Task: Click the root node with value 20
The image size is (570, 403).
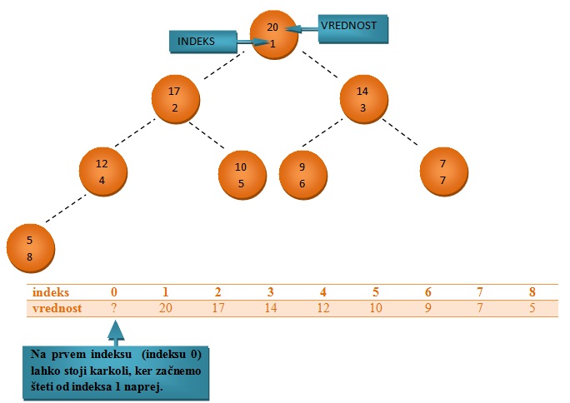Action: coord(272,36)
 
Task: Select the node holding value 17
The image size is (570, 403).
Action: coord(175,99)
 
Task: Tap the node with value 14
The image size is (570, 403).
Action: coord(362,99)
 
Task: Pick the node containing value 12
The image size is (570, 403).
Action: coord(102,171)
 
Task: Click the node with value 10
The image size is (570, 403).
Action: coord(241,175)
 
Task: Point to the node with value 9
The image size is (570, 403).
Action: coord(302,175)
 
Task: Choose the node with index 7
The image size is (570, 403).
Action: coord(442,171)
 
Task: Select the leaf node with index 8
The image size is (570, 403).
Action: coord(30,248)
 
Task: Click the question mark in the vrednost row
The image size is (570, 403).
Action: coord(114,308)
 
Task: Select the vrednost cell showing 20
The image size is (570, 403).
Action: coord(166,308)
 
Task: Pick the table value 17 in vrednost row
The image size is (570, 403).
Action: coord(217,308)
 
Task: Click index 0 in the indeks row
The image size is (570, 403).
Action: coord(114,292)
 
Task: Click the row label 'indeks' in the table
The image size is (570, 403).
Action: coord(51,292)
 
